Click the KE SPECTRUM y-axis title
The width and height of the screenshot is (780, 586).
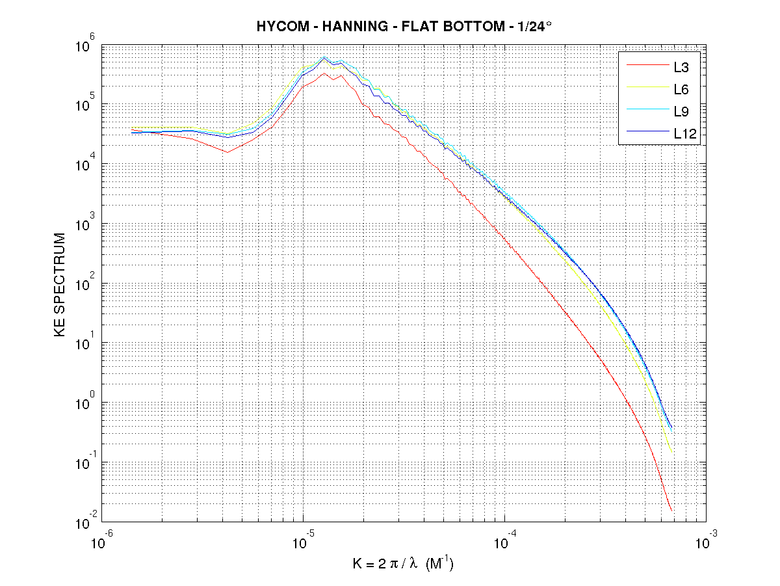pyautogui.click(x=60, y=284)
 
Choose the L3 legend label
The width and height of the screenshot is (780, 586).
pyautogui.click(x=681, y=66)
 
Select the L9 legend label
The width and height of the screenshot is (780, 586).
pyautogui.click(x=681, y=112)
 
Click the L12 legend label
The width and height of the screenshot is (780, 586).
pyautogui.click(x=684, y=135)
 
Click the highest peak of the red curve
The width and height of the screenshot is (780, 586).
pyautogui.click(x=324, y=73)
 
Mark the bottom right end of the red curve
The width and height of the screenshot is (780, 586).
pyautogui.click(x=671, y=511)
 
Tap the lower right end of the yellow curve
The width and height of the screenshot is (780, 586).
pyautogui.click(x=671, y=451)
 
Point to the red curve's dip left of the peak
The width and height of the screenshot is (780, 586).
pyautogui.click(x=227, y=152)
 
